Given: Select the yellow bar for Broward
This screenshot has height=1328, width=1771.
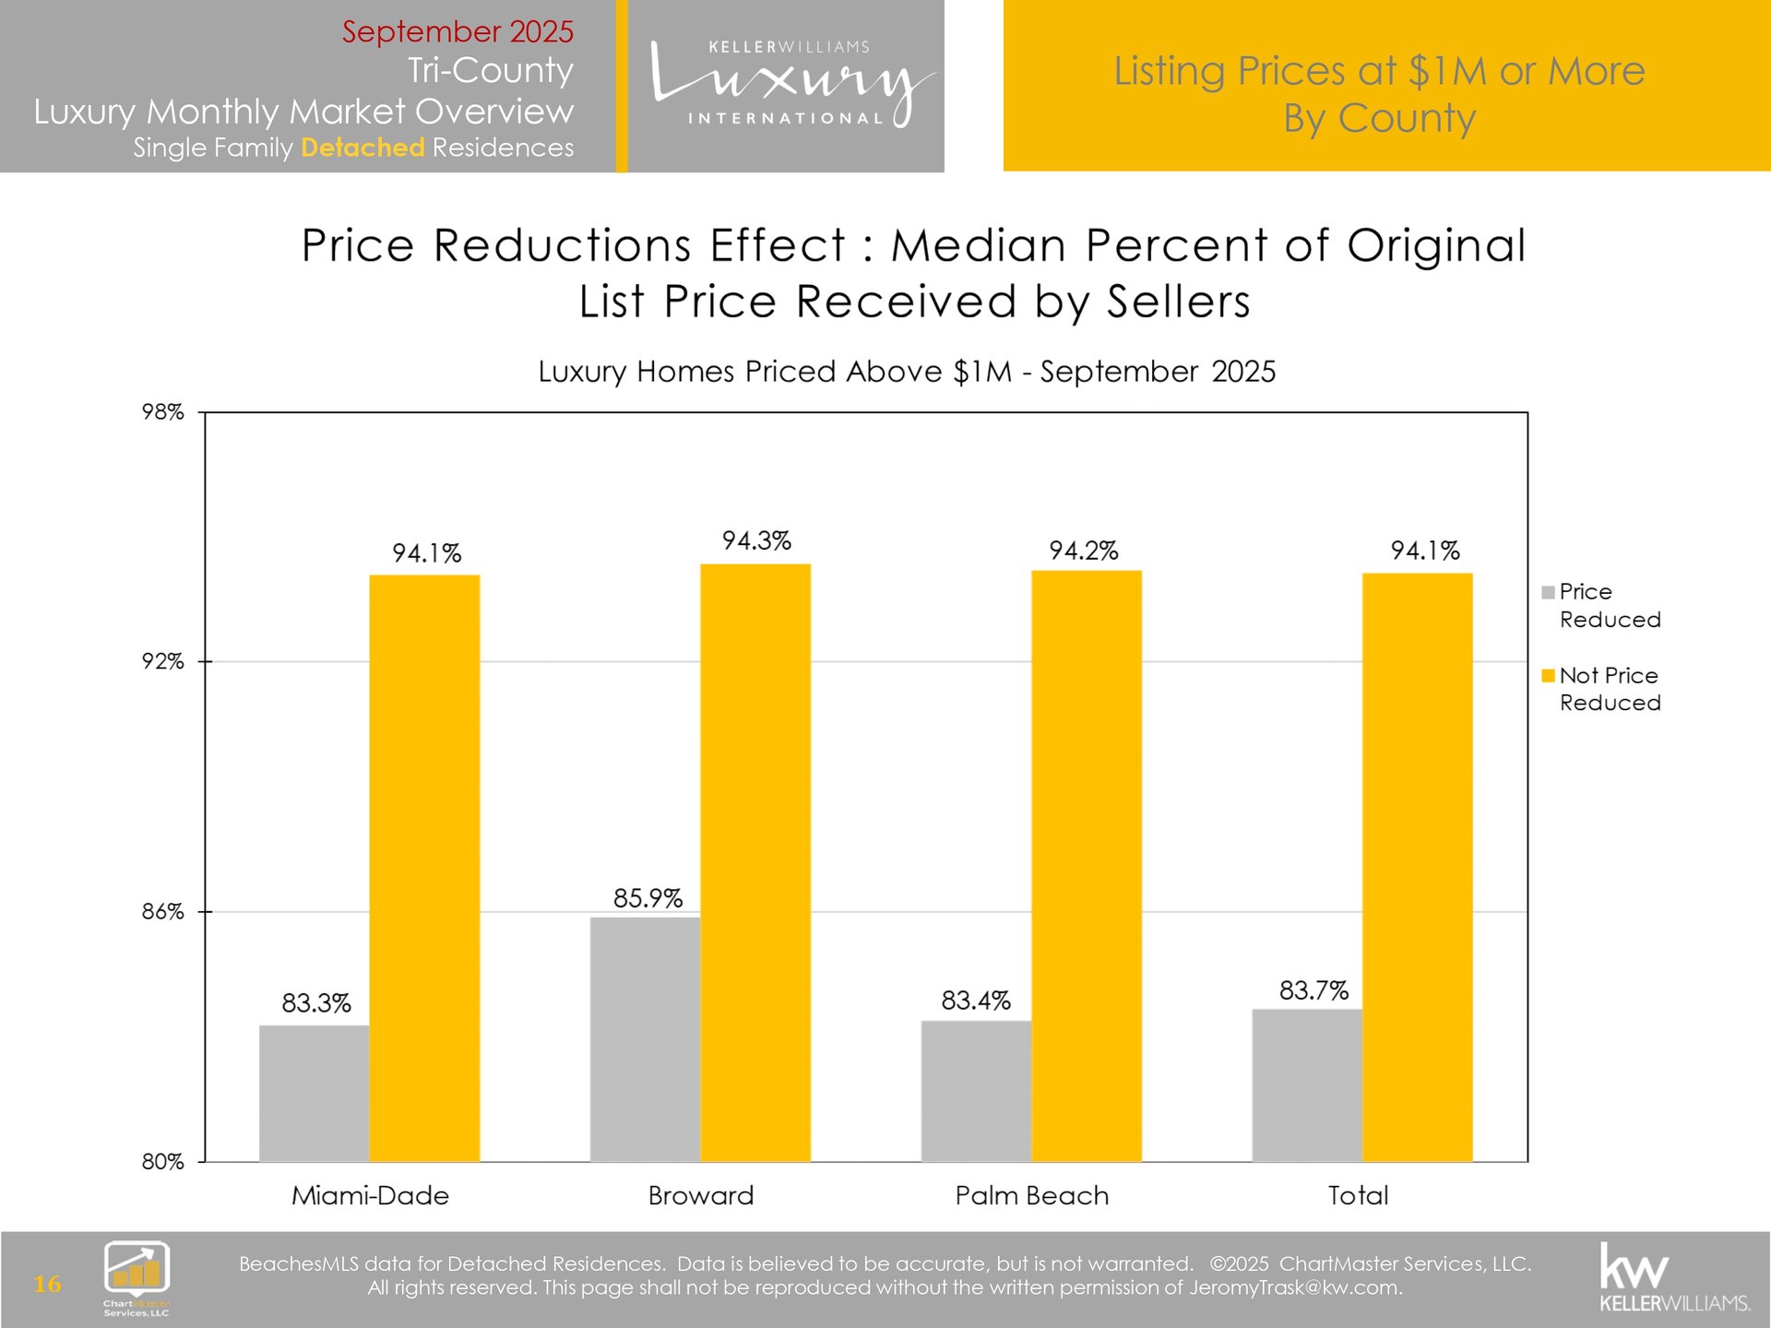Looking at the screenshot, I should pyautogui.click(x=755, y=862).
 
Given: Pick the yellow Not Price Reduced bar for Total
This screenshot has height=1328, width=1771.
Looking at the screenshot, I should pyautogui.click(x=1417, y=867).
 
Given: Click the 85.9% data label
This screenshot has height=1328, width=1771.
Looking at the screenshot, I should pyautogui.click(x=648, y=898).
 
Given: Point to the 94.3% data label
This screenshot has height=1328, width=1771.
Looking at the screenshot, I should pyautogui.click(x=756, y=540).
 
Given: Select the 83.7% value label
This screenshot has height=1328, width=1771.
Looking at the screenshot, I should pyautogui.click(x=1313, y=990).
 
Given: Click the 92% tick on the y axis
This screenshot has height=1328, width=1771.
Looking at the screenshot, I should pyautogui.click(x=162, y=661).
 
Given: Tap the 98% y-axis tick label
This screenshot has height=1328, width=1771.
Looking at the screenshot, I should pyautogui.click(x=162, y=412).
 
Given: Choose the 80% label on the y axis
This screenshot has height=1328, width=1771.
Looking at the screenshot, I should pyautogui.click(x=162, y=1162).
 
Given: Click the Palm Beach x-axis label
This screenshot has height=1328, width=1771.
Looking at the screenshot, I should pyautogui.click(x=1031, y=1195).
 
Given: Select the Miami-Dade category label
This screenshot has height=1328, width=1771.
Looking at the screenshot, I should pyautogui.click(x=370, y=1195).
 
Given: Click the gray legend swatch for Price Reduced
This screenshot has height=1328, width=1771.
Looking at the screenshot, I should pyautogui.click(x=1548, y=592).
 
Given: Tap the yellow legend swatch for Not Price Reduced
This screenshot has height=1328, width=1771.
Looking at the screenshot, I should pyautogui.click(x=1548, y=676).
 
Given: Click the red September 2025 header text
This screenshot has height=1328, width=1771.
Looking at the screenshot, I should pyautogui.click(x=458, y=31).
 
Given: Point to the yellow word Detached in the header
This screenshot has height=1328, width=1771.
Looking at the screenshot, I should pyautogui.click(x=363, y=148).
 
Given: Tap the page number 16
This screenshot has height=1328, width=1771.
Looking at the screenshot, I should pyautogui.click(x=47, y=1284).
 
